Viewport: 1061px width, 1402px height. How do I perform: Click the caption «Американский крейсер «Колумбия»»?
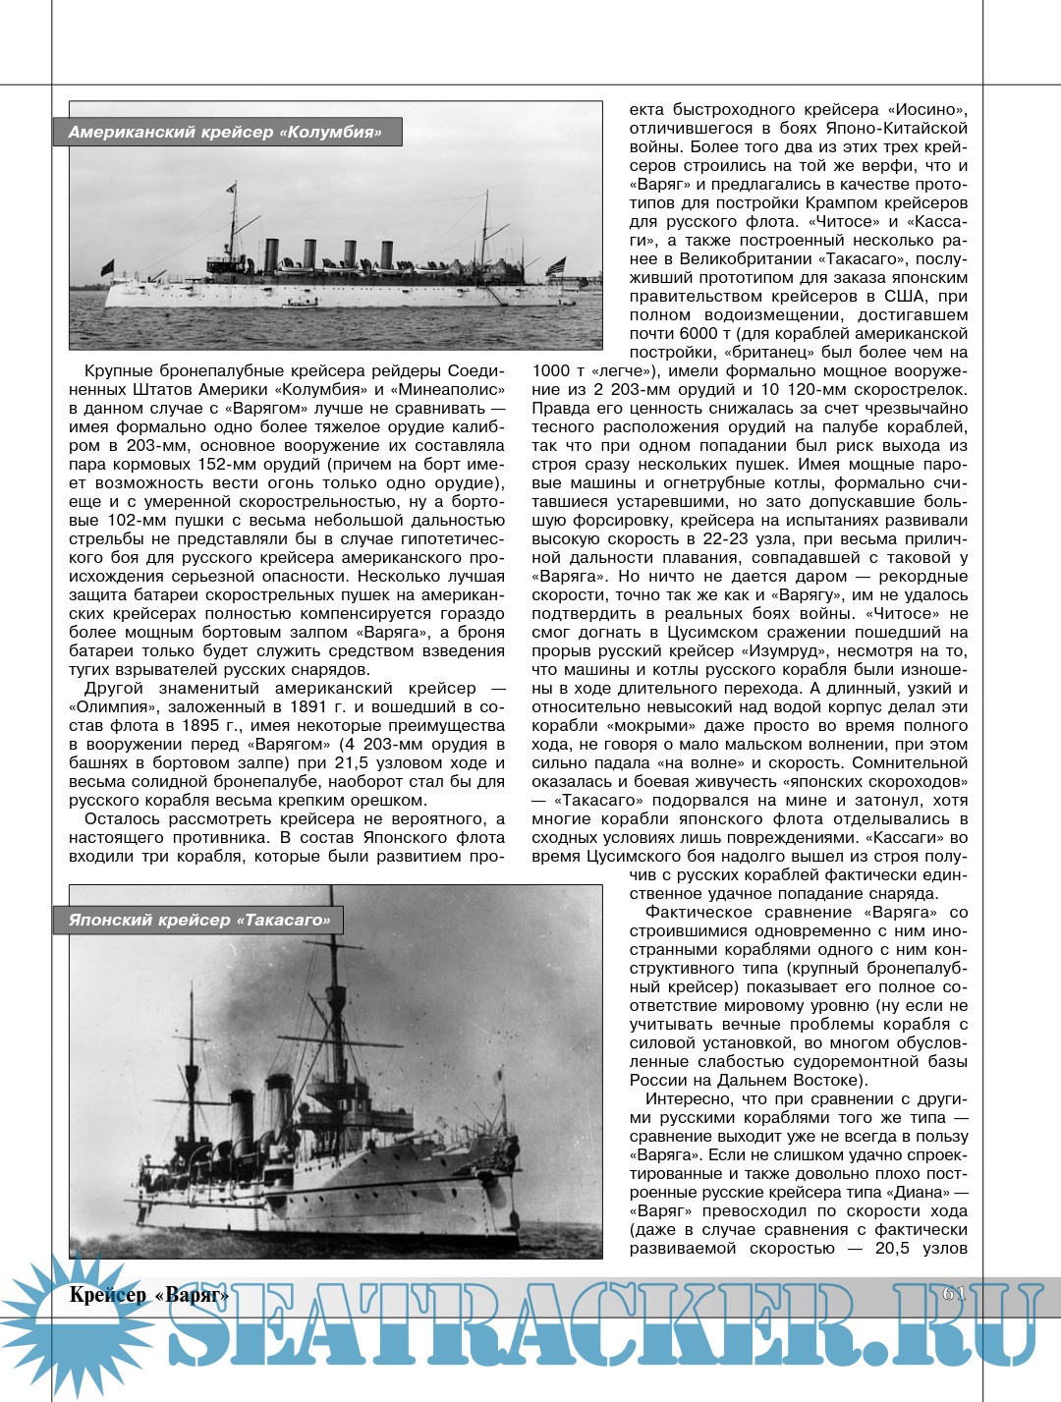click(225, 132)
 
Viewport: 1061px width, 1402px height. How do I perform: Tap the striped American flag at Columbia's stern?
click(557, 265)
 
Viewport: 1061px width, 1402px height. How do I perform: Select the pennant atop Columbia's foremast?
click(232, 187)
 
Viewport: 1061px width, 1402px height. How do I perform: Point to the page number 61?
click(954, 1294)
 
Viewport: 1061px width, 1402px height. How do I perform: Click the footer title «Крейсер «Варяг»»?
click(148, 1295)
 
